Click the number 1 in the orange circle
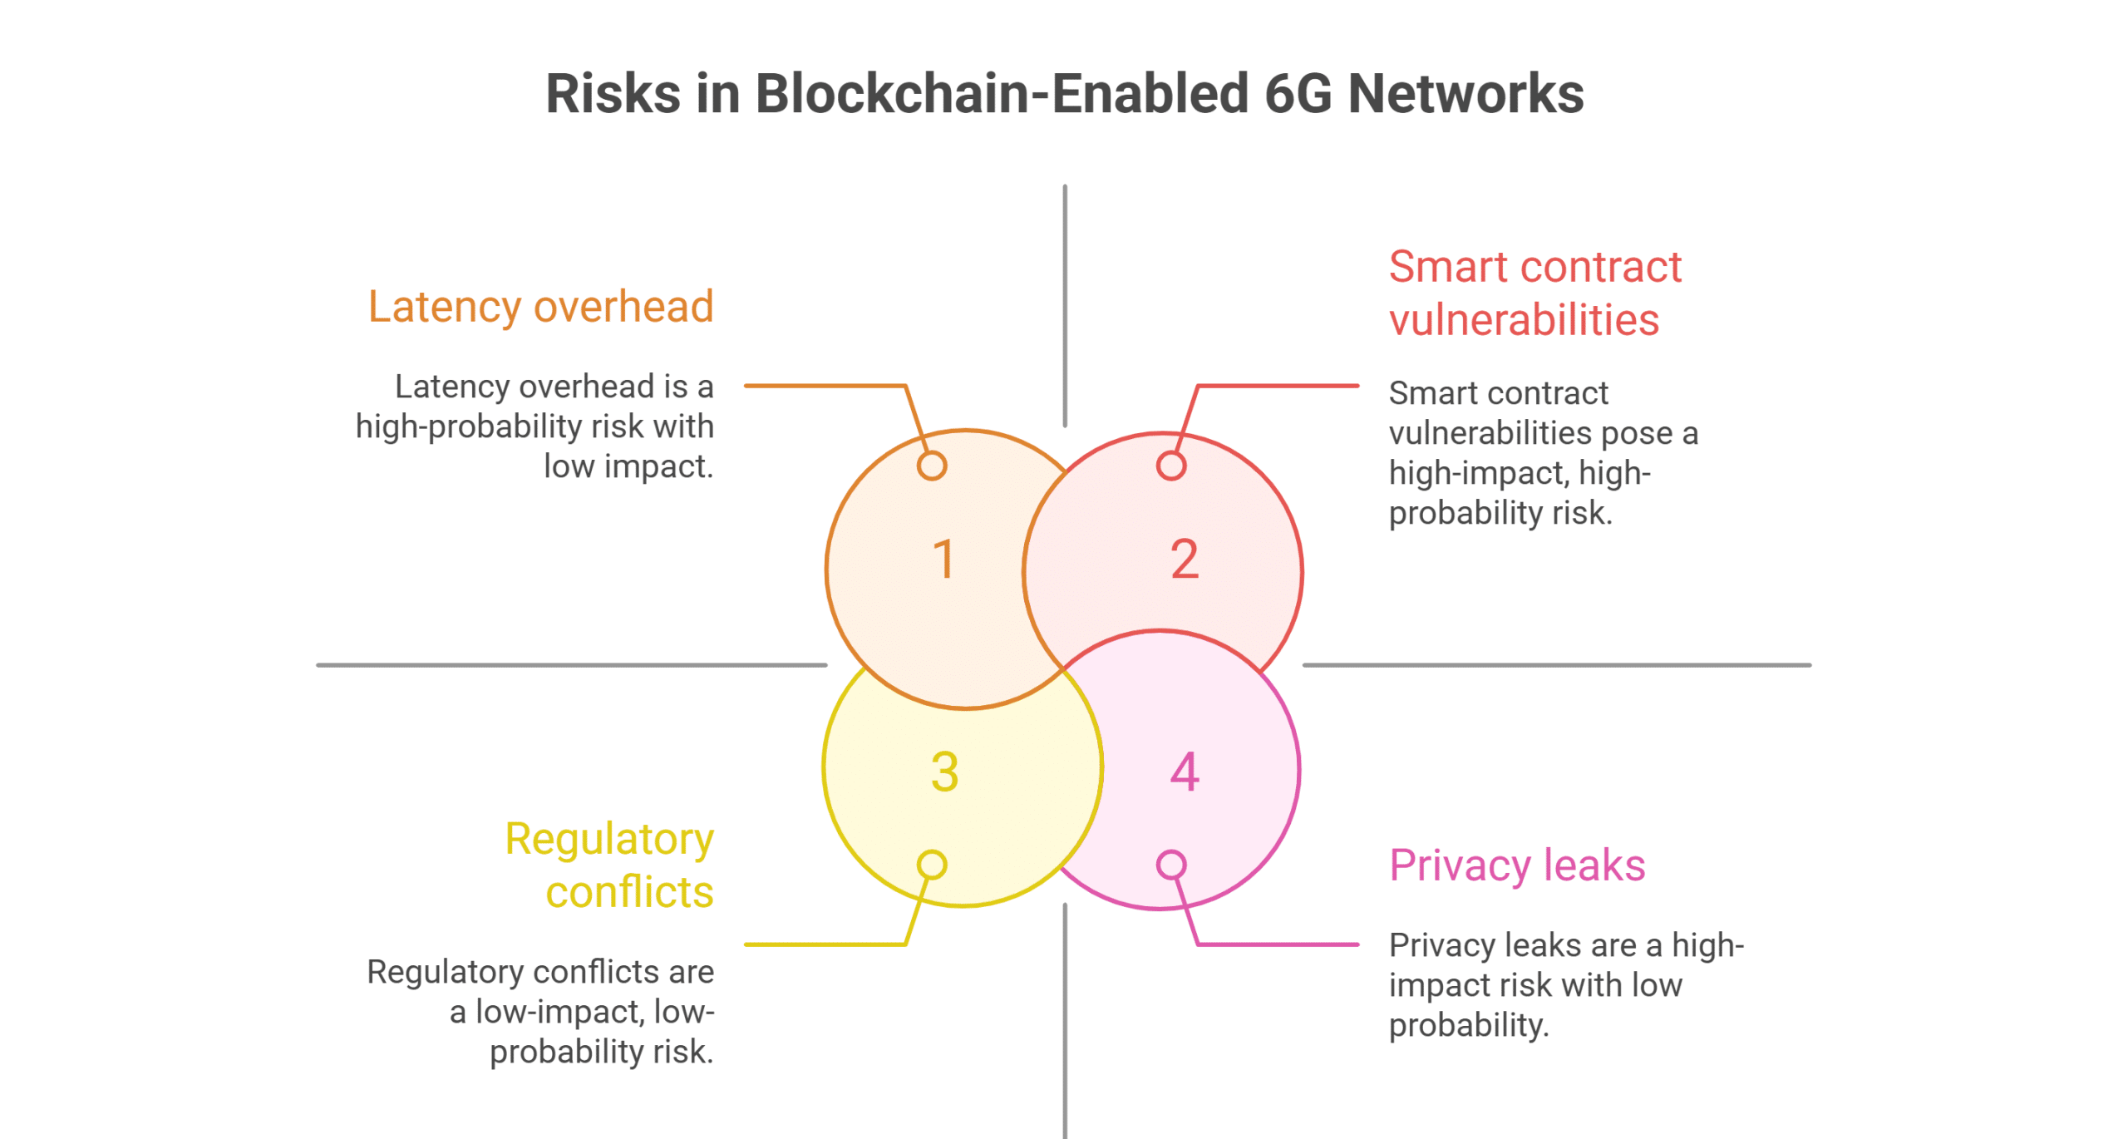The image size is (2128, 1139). point(943,559)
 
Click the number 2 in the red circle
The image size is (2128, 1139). point(1185,559)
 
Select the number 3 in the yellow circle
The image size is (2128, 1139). point(945,772)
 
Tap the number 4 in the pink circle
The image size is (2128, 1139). point(1185,772)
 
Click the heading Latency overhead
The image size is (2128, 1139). point(541,306)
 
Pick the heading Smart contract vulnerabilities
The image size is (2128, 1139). point(1535,293)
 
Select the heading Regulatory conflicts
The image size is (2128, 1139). point(610,865)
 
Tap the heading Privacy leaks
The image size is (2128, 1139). point(1517,865)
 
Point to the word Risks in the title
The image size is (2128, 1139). point(613,93)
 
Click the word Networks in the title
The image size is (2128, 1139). point(1465,93)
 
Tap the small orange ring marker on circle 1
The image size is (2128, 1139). point(932,466)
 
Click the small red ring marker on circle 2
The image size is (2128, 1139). point(1171,466)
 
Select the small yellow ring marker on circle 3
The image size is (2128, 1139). point(932,865)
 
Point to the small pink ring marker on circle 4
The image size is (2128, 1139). point(1171,865)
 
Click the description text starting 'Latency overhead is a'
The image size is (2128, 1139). point(535,427)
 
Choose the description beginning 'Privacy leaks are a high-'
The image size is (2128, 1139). point(1566,985)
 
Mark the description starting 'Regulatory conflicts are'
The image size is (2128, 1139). point(540,1012)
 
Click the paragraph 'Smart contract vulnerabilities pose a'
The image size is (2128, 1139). point(1544,453)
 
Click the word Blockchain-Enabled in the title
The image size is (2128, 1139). point(1002,93)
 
